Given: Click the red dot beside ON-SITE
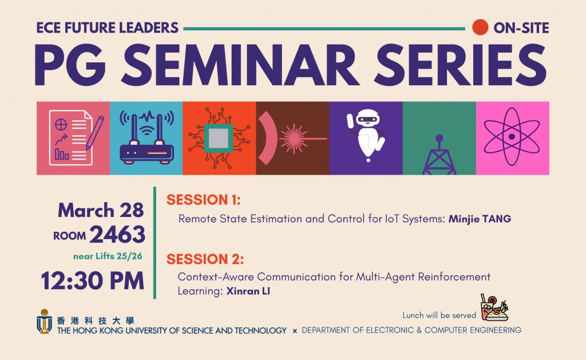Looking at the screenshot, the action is pos(480,27).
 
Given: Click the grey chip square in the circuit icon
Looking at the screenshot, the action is pos(219,138).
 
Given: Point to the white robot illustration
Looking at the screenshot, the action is pos(366,135).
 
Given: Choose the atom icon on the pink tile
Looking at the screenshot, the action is pos(512,136).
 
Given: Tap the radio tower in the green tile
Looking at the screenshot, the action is pos(439,155).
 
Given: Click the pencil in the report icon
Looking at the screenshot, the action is pos(94,133).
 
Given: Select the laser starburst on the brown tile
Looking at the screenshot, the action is pos(294,139).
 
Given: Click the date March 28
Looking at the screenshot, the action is pos(101,210).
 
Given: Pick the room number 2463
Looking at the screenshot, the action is pos(117,235).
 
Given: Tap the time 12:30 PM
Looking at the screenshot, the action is pos(92,281).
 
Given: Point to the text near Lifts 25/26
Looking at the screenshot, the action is pos(108,256).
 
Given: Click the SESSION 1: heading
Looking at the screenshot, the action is pos(204,200).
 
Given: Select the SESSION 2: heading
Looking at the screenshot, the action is pos(205,259).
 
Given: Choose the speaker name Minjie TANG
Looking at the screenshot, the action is pos(480,219).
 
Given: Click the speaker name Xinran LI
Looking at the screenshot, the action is pos(248,291).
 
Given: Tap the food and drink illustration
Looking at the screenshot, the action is pos(494,307).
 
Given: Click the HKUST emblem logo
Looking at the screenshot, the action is pos(44,321).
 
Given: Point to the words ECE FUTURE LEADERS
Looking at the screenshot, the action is pos(107,28).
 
